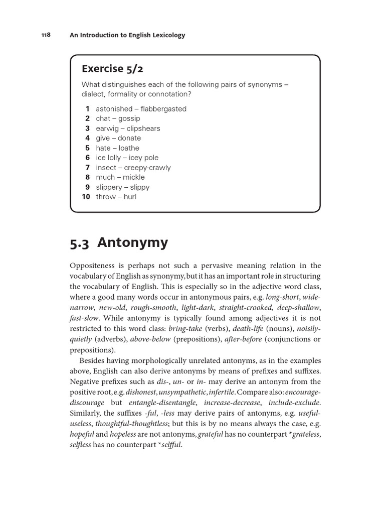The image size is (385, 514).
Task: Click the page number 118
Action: pyautogui.click(x=46, y=35)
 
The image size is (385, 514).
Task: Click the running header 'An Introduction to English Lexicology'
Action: pyautogui.click(x=127, y=35)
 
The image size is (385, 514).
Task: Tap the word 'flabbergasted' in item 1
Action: pyautogui.click(x=163, y=109)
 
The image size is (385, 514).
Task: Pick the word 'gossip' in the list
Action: pyautogui.click(x=129, y=118)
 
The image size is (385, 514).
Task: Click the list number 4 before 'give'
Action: pyautogui.click(x=87, y=138)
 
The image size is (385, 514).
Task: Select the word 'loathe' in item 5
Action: pyautogui.click(x=129, y=148)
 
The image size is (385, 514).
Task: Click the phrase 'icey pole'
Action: pyautogui.click(x=143, y=158)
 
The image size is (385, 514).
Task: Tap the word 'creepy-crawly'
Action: pyautogui.click(x=147, y=168)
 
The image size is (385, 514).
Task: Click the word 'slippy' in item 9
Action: pyautogui.click(x=139, y=187)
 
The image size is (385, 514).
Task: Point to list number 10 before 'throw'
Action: pyautogui.click(x=86, y=197)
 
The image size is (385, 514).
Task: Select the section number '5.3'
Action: pyautogui.click(x=80, y=243)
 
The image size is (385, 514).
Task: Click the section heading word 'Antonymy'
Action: pyautogui.click(x=133, y=243)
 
